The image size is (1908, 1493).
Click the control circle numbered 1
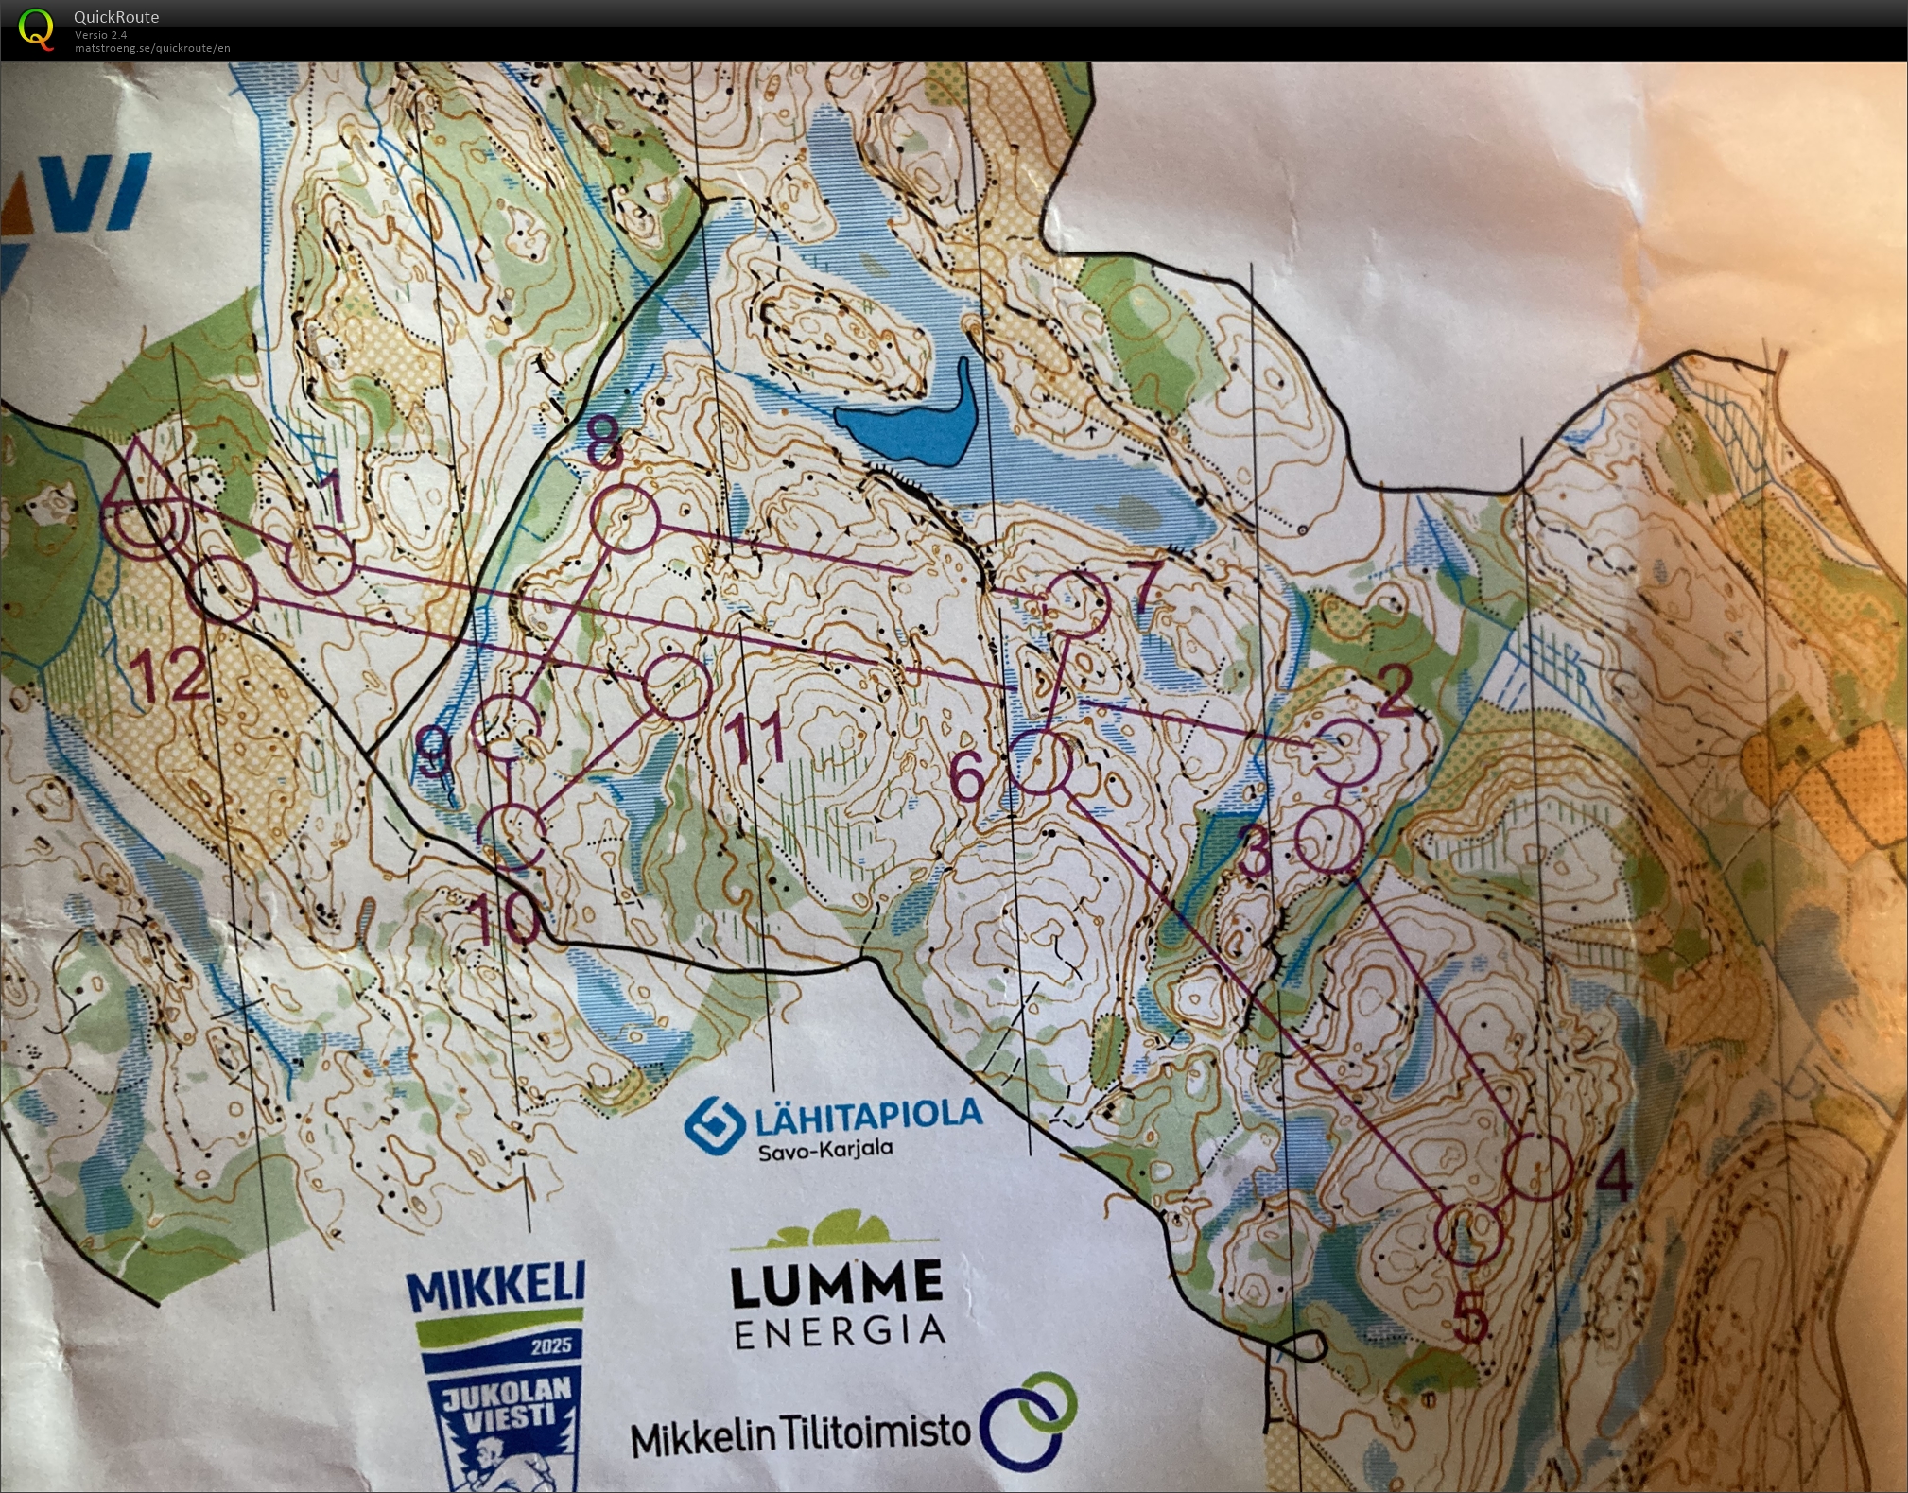point(321,561)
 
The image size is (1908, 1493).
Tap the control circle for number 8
point(624,518)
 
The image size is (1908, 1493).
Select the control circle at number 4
point(1537,1169)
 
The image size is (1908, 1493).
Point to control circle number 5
point(1468,1232)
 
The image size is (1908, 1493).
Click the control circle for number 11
point(676,687)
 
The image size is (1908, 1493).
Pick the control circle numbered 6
point(1040,762)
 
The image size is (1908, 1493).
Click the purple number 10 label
point(509,917)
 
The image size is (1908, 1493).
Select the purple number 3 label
point(1256,851)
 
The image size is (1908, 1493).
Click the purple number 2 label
point(1396,691)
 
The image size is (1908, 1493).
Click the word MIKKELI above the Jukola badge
point(496,1288)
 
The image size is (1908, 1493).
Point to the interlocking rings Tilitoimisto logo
point(1029,1418)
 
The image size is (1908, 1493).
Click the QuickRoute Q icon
point(36,28)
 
